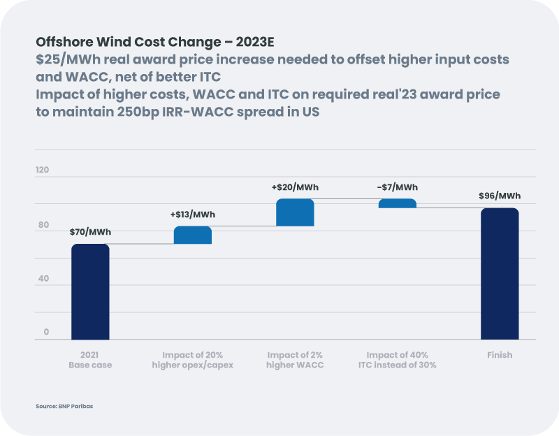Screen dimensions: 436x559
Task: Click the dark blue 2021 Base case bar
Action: [x=90, y=291]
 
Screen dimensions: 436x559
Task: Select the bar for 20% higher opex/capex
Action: [x=192, y=235]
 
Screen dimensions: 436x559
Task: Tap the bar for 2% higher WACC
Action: [x=295, y=212]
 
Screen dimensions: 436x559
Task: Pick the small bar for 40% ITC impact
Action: [x=397, y=203]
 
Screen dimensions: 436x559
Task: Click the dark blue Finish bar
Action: [x=500, y=273]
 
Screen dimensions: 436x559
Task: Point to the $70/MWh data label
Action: [x=90, y=233]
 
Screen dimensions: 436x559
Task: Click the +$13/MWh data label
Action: [x=192, y=215]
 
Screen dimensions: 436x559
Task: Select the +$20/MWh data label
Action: [x=295, y=187]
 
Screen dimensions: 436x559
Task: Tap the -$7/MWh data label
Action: [x=397, y=187]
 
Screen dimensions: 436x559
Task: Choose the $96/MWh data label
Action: [x=500, y=196]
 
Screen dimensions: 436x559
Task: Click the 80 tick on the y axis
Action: [x=43, y=224]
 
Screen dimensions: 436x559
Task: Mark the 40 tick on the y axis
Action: [x=43, y=279]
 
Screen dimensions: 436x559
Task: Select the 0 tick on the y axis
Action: [x=46, y=333]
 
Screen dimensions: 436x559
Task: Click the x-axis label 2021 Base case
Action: [x=90, y=360]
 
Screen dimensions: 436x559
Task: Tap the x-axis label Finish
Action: [x=500, y=355]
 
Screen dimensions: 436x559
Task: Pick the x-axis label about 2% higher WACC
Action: [x=295, y=360]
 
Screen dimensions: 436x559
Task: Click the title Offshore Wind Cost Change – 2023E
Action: [x=154, y=41]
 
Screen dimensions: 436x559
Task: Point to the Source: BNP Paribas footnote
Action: [x=64, y=406]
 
